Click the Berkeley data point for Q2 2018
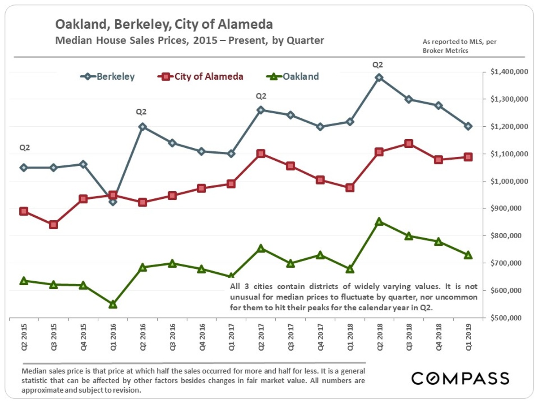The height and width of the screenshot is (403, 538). pyautogui.click(x=379, y=77)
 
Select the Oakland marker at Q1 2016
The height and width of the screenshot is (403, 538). pyautogui.click(x=113, y=304)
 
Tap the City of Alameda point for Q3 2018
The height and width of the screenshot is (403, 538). pyautogui.click(x=408, y=143)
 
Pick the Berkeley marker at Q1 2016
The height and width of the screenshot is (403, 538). pyautogui.click(x=113, y=201)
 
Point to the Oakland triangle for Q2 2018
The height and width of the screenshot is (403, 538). pyautogui.click(x=379, y=221)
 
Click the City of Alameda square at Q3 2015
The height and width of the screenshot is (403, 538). pyautogui.click(x=53, y=224)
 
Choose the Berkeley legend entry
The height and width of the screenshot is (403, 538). pyautogui.click(x=108, y=77)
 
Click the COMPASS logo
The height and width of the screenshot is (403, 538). pyautogui.click(x=460, y=378)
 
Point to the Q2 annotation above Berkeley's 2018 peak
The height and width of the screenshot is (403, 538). pyautogui.click(x=378, y=65)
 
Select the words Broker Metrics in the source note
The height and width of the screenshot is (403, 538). pyautogui.click(x=445, y=51)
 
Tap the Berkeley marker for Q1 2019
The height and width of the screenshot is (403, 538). pyautogui.click(x=468, y=126)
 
